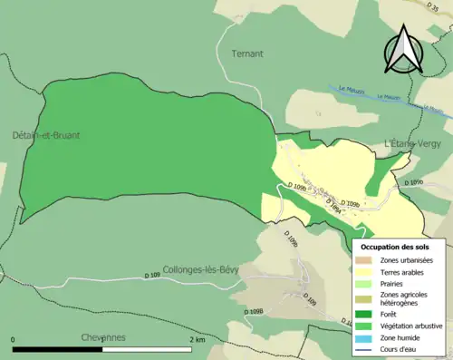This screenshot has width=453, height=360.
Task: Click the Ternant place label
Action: point(247,54)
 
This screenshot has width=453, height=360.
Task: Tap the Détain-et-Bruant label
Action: point(45,135)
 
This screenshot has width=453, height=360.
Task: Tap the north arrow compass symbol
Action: point(406,49)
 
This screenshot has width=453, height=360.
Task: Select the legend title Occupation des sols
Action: point(395,247)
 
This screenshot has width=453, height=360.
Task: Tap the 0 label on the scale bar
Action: point(14,339)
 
